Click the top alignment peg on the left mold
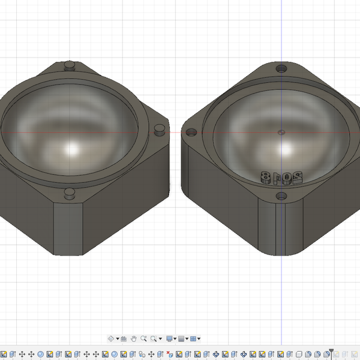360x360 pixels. click(70, 64)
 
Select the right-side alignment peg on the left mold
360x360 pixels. click(160, 128)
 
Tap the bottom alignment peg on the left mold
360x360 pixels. click(70, 193)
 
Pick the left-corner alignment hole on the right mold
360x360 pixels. click(193, 132)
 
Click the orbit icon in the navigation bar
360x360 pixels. click(111, 339)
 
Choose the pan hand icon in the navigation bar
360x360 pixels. click(134, 339)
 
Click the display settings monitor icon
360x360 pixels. click(170, 339)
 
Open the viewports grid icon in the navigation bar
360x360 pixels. click(193, 339)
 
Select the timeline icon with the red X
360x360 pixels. click(170, 354)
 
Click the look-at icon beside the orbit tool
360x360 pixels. click(124, 339)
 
